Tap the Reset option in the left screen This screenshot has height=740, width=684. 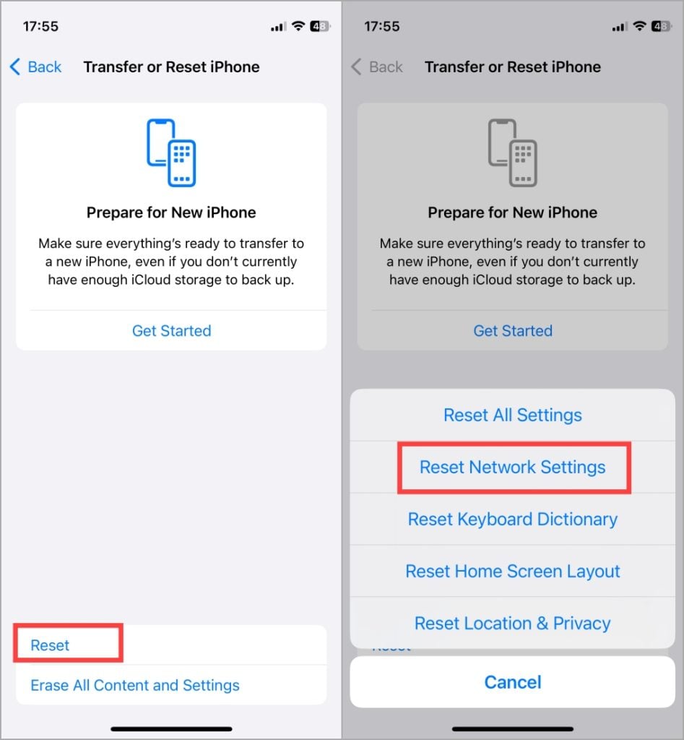[x=50, y=645]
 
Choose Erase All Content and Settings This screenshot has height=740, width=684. [x=135, y=685]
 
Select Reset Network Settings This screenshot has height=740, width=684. [x=512, y=468]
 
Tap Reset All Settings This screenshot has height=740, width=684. [x=512, y=416]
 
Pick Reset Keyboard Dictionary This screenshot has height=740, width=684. [x=512, y=519]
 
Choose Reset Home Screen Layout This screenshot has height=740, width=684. [x=512, y=571]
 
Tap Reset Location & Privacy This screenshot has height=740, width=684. [x=512, y=624]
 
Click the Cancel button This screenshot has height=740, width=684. [x=513, y=682]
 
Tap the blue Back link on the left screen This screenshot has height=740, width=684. [x=36, y=67]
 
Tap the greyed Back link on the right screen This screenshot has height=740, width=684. [x=377, y=67]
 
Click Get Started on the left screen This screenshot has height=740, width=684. [x=172, y=331]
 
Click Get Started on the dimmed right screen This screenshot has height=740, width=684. [x=513, y=331]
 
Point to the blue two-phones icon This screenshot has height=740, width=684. [x=171, y=152]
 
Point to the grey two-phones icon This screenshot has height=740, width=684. [x=512, y=152]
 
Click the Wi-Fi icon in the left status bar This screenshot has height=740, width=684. [x=298, y=26]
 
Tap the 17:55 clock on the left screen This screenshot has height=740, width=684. [x=40, y=27]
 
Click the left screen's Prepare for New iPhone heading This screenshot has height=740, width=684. [x=171, y=213]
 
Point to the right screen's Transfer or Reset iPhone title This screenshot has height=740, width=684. [x=513, y=67]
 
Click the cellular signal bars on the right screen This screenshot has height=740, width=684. [x=620, y=27]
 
